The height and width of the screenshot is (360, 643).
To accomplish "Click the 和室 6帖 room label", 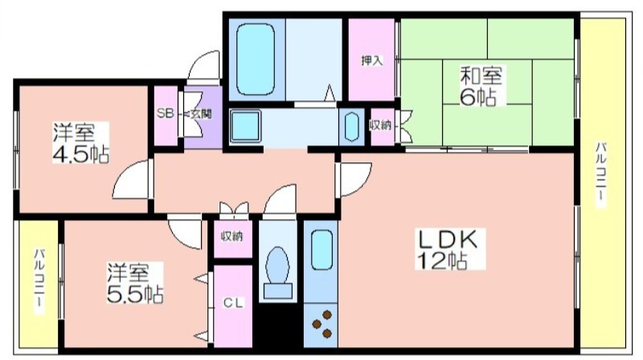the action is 481,86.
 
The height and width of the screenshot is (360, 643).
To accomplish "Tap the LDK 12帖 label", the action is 449,249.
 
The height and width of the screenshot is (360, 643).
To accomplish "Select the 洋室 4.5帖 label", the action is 81,143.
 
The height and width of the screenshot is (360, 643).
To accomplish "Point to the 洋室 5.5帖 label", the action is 135,283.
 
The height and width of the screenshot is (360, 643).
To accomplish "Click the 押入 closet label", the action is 372,61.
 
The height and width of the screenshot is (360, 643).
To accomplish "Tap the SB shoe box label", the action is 166,113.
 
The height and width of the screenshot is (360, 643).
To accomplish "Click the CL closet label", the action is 233,303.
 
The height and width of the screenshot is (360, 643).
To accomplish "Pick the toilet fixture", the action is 277,272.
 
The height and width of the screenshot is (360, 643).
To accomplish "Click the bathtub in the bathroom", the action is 255,59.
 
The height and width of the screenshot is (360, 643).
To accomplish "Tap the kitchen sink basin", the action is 321,250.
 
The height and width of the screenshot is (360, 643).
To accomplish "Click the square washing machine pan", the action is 245,126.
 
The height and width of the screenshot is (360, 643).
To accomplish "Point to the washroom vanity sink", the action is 351,127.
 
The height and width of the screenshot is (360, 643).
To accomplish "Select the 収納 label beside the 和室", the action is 380,126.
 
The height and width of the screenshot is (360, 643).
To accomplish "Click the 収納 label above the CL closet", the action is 232,236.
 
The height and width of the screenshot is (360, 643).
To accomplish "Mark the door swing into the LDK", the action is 354,179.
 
